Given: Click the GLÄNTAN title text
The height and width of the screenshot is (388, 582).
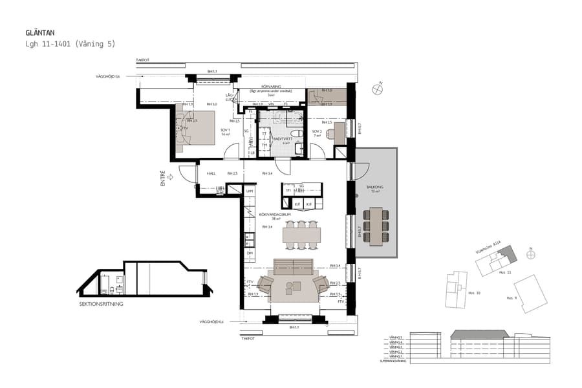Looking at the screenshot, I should click(40, 32).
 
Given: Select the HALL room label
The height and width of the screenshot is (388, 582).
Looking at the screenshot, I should click(211, 173).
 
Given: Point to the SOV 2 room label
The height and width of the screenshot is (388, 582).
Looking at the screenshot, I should click(317, 133).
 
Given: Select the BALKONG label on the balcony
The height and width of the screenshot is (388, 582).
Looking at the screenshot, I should click(377, 189).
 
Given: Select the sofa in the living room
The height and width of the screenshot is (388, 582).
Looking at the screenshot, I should click(293, 266).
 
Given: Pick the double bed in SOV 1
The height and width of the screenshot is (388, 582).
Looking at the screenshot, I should click(195, 127).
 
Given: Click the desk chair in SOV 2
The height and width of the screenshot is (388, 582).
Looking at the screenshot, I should click(330, 135).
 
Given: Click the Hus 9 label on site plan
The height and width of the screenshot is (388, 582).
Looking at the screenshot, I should click(511, 298).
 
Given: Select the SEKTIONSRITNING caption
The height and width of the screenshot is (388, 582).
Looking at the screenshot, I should click(101, 303).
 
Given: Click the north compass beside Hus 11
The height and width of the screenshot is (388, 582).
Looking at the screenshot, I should click(531, 254).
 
